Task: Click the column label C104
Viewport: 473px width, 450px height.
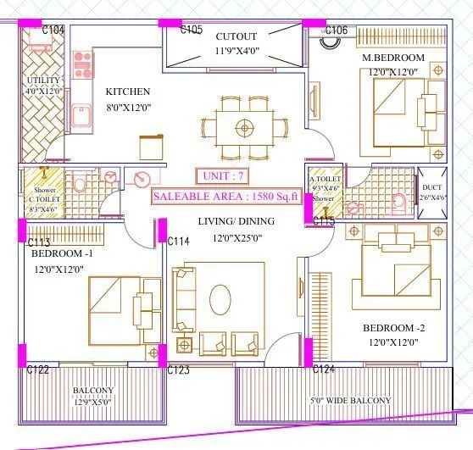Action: tap(53, 31)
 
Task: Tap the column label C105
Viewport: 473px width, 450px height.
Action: tap(192, 31)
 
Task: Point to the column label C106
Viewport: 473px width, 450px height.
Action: tap(336, 31)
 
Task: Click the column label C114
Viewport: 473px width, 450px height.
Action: tap(178, 242)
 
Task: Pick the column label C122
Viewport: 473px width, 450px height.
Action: tap(37, 369)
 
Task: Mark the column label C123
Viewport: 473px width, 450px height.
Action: tap(178, 369)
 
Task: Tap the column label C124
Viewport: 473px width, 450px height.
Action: tap(325, 369)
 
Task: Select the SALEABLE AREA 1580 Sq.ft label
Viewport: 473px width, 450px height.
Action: tap(226, 197)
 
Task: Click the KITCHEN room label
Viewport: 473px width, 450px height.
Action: tap(128, 92)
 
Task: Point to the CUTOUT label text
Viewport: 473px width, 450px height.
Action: tap(236, 37)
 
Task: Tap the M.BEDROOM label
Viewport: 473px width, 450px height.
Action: tap(392, 58)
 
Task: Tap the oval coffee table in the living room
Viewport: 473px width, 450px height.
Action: tap(220, 298)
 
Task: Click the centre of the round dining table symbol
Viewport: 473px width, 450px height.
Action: tap(244, 128)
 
